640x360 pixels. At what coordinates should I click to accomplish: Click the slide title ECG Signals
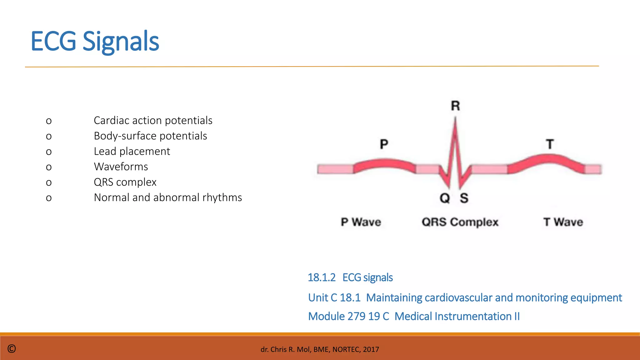(x=95, y=41)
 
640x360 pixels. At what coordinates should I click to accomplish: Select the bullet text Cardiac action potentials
(x=153, y=121)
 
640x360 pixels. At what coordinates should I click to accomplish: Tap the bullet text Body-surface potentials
(x=150, y=136)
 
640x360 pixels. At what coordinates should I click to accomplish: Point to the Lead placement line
(x=132, y=151)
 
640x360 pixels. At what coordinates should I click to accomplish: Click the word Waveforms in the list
(x=121, y=167)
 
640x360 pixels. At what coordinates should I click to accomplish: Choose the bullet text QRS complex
(x=125, y=182)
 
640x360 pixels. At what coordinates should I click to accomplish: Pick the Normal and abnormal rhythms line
(x=168, y=197)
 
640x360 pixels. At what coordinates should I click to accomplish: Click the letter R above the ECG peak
(x=455, y=106)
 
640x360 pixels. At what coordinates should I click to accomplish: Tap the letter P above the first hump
(x=384, y=144)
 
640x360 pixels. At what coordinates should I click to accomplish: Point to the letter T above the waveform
(x=550, y=144)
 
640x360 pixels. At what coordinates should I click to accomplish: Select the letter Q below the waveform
(x=444, y=198)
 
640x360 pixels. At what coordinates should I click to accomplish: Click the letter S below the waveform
(x=464, y=198)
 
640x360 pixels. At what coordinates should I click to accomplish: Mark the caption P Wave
(x=361, y=222)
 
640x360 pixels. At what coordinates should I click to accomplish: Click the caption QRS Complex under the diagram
(x=460, y=222)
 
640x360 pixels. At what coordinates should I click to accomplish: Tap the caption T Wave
(x=563, y=222)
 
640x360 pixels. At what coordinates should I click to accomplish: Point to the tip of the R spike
(x=455, y=119)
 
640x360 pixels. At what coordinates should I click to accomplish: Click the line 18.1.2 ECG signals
(x=350, y=277)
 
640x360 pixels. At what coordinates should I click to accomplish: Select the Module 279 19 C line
(x=414, y=316)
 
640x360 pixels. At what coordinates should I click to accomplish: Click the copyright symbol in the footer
(x=12, y=349)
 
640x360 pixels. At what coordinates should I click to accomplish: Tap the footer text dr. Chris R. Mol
(x=320, y=349)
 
